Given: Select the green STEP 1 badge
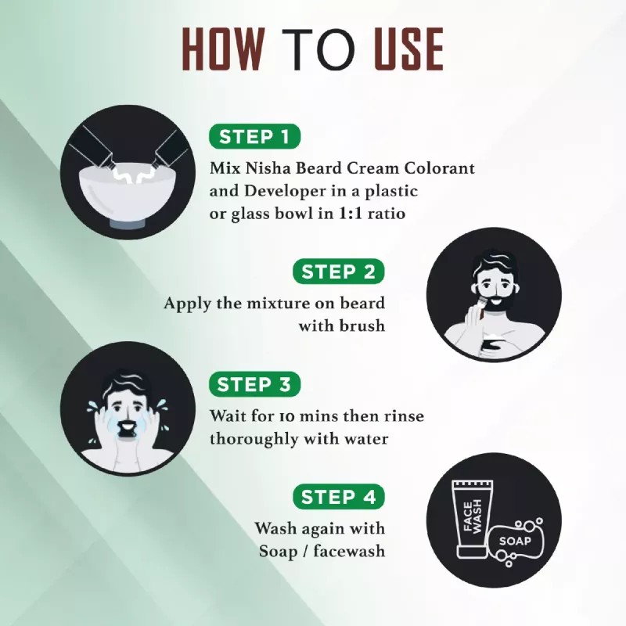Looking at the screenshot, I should coord(255,137).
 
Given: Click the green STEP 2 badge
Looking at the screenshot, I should coord(338,272).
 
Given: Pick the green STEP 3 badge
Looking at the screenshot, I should coord(255,385).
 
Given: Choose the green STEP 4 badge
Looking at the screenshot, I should coord(338,497).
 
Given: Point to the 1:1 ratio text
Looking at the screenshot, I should coord(377,213).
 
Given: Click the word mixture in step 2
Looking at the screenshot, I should coord(277,304).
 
